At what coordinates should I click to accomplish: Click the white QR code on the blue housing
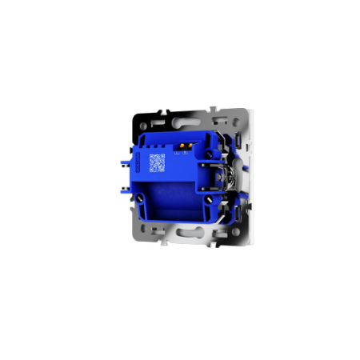pyautogui.click(x=157, y=162)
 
